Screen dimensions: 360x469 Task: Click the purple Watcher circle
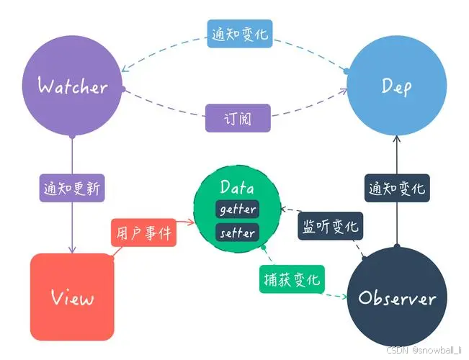click(72, 87)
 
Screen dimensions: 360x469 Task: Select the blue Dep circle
click(396, 87)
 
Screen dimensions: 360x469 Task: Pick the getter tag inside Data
click(237, 210)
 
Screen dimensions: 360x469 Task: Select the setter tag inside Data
click(237, 233)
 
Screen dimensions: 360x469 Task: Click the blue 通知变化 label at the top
click(241, 34)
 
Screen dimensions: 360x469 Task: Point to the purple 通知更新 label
click(73, 189)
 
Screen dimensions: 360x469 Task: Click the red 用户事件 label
click(143, 233)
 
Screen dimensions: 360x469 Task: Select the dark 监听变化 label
click(329, 226)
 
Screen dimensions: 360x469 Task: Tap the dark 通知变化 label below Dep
click(396, 189)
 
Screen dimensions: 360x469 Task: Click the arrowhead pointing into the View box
click(72, 250)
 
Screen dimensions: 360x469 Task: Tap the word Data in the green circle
click(237, 189)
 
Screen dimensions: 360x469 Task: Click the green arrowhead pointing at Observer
click(341, 296)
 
